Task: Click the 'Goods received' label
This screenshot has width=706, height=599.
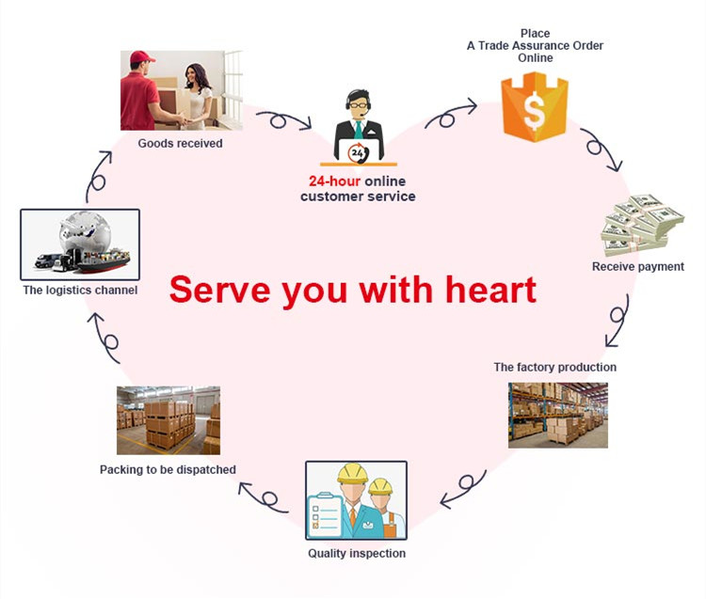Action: (180, 143)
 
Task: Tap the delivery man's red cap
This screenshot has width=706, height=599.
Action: (142, 58)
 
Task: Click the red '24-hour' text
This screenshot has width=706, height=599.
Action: (334, 181)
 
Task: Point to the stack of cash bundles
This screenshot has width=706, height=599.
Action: (643, 225)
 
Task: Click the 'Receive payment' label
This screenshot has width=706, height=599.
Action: (638, 266)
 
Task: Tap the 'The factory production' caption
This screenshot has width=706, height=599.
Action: (554, 367)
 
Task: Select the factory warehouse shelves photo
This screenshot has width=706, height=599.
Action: (557, 414)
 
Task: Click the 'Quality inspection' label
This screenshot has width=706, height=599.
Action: (357, 553)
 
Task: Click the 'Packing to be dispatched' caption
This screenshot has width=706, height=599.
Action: (168, 469)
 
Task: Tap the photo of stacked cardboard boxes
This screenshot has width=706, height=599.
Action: (168, 420)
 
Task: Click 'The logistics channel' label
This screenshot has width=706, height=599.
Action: (80, 291)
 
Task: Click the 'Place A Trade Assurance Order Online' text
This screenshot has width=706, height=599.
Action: (535, 45)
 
